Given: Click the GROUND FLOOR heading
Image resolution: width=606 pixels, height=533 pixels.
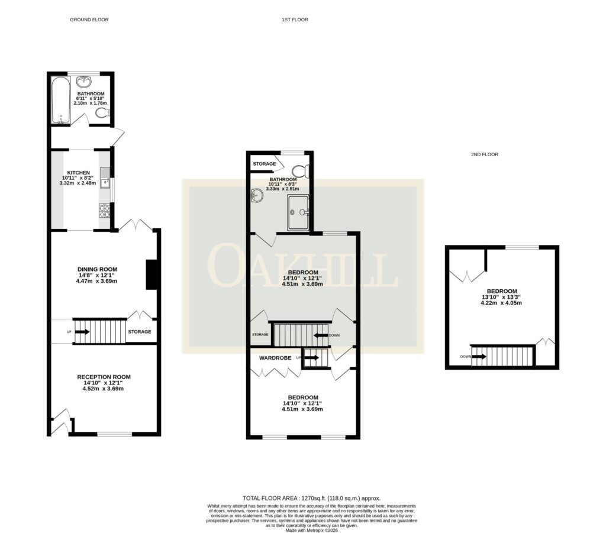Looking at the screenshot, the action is tap(89, 20).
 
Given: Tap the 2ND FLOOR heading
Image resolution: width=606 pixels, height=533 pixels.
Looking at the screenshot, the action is tap(484, 154).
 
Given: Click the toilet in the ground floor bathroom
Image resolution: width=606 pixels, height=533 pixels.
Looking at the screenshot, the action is tap(102, 113).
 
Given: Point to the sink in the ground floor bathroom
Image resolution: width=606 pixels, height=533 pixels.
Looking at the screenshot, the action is tap(84, 82).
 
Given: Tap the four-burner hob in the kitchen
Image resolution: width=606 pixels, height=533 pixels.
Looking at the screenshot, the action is tap(105, 211).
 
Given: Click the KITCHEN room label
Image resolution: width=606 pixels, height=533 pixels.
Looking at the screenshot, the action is tap(79, 173).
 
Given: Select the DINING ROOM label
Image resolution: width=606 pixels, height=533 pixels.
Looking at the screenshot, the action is tap(98, 270).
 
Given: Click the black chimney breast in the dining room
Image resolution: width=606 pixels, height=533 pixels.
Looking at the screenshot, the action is tap(151, 274).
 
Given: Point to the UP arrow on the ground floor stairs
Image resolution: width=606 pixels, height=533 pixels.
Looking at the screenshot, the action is tap(82, 332).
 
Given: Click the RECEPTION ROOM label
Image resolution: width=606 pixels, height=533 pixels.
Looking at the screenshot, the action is tap(104, 377).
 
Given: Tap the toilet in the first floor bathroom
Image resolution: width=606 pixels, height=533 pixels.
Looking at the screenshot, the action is tap(300, 171).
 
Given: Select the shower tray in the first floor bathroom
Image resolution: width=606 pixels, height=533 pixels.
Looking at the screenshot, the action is tap(298, 212).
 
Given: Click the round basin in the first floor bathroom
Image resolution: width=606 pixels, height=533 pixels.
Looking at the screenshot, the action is tap(257, 196).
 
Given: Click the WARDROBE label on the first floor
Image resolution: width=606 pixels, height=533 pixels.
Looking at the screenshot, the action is tap(275, 358).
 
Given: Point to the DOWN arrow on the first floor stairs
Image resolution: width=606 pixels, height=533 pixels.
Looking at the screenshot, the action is tap(321, 335).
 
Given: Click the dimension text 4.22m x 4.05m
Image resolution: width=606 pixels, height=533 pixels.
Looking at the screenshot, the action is tap(501, 303).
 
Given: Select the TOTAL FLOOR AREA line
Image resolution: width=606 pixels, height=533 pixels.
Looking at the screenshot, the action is tap(311, 498).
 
